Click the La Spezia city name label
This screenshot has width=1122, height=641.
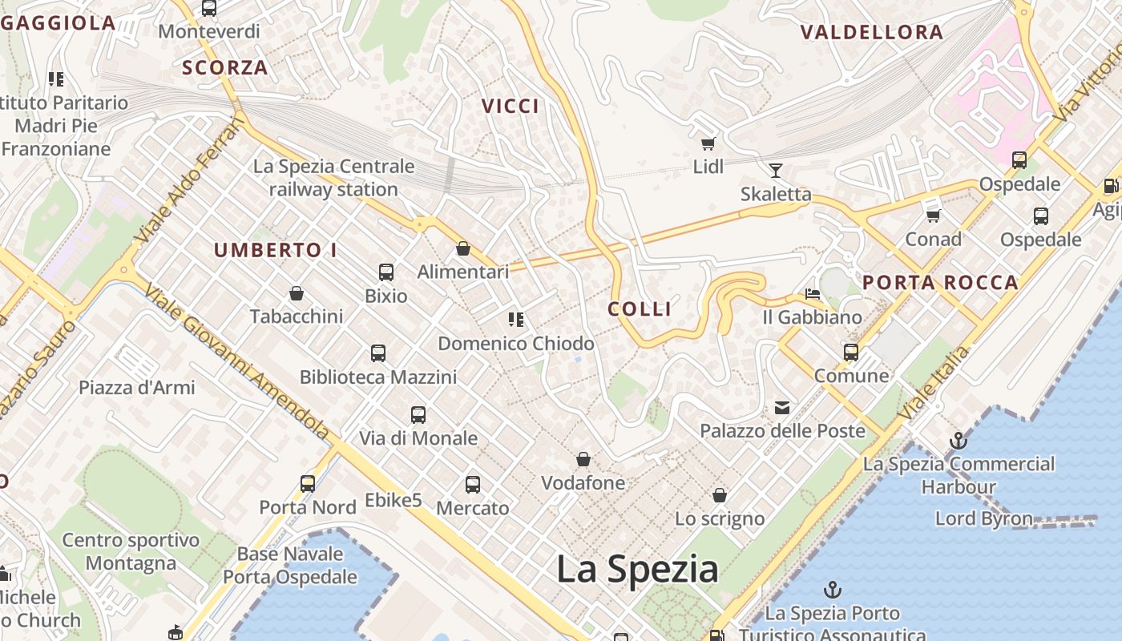(x=637, y=570)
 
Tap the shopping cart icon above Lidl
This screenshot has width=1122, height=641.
(x=708, y=144)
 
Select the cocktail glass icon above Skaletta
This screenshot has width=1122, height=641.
(x=775, y=170)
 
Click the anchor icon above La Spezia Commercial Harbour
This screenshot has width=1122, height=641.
(x=958, y=441)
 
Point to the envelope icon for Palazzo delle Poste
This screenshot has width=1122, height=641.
(x=782, y=408)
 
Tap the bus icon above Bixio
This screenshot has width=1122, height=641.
(x=386, y=272)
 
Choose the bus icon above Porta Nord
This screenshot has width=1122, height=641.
(x=308, y=484)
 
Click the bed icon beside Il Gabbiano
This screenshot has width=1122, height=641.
(x=813, y=294)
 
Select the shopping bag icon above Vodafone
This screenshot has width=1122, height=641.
(x=583, y=460)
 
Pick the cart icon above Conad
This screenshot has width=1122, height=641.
(x=933, y=216)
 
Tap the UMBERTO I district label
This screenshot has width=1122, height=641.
(x=276, y=250)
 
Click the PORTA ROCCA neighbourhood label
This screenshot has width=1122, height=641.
(x=940, y=282)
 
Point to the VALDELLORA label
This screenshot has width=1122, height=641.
(x=872, y=33)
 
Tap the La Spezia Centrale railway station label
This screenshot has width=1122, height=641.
(x=334, y=178)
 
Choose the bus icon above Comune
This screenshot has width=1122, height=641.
(x=851, y=353)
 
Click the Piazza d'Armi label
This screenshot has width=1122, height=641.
(x=137, y=388)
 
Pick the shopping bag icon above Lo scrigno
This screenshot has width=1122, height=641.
(x=720, y=495)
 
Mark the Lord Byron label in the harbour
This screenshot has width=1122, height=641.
(x=984, y=518)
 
